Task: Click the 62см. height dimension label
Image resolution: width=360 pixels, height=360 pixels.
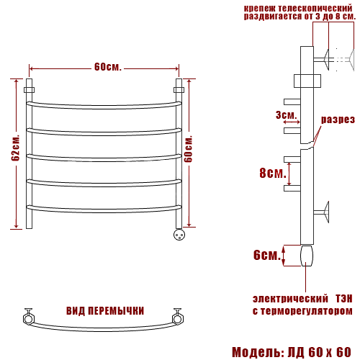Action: pyautogui.click(x=15, y=148)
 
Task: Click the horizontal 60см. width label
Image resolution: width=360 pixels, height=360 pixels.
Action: pyautogui.click(x=108, y=67)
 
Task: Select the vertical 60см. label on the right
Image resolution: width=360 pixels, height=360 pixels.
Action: pyautogui.click(x=189, y=149)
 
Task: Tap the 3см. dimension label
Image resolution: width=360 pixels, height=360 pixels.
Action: pyautogui.click(x=286, y=115)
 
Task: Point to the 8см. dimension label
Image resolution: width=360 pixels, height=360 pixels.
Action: pyautogui.click(x=273, y=173)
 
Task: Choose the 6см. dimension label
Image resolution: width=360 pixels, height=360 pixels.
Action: pyautogui.click(x=267, y=255)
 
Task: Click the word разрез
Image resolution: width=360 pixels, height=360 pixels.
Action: pyautogui.click(x=338, y=120)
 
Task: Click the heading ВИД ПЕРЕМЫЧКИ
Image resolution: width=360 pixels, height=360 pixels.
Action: pyautogui.click(x=105, y=311)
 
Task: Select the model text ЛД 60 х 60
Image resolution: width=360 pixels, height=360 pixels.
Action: pyautogui.click(x=319, y=352)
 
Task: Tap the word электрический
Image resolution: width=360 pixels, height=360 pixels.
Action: pyautogui.click(x=290, y=299)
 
